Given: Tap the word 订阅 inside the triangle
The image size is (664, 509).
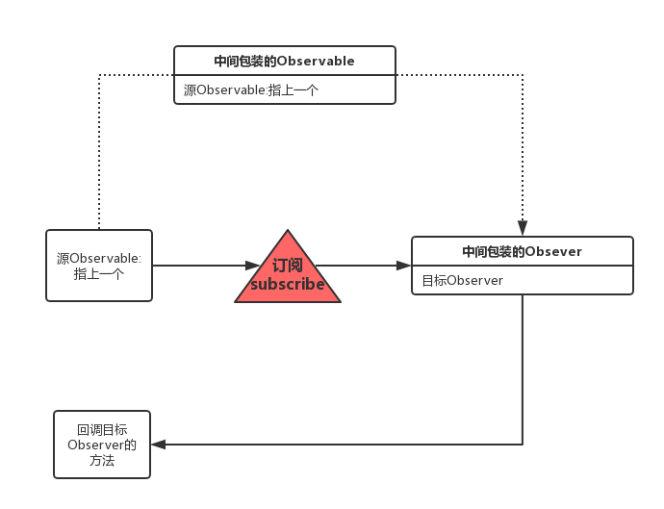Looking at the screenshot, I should point(287,266).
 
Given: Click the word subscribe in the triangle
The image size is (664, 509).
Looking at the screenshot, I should point(287,285).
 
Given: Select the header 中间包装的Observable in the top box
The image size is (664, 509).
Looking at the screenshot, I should point(284,61).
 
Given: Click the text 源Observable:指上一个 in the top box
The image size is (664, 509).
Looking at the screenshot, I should point(251,89).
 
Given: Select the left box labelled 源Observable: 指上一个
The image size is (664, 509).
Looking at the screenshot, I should point(99,266).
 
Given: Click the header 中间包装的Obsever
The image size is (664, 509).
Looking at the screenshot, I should point(522,251).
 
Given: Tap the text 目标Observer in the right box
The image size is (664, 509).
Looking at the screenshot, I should point(462,280).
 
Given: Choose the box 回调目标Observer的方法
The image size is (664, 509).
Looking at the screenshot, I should point(102,445).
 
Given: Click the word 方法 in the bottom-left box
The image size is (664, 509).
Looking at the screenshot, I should point(102,461).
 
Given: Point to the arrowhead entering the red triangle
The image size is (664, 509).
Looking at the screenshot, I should point(253,266).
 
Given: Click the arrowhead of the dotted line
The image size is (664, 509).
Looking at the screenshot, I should point(523,228).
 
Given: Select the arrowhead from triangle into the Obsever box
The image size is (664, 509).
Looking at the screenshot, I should point(404,266).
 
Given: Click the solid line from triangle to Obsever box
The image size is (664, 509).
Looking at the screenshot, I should point(356,266).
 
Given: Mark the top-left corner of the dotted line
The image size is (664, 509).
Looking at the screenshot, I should point(99,75).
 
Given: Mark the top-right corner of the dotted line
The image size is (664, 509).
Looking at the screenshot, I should point(523,75).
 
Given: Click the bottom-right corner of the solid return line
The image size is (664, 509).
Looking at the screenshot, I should point(523,445).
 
